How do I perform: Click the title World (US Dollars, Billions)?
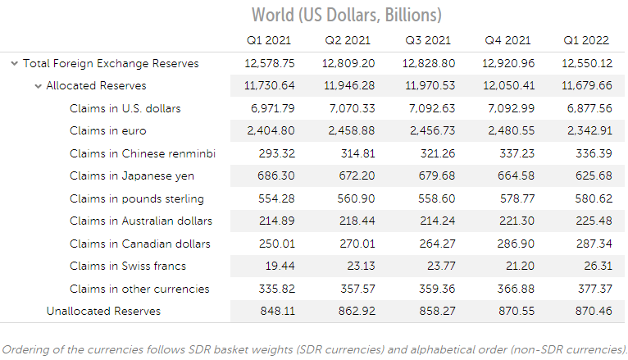[347, 15]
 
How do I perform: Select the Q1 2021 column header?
[268, 40]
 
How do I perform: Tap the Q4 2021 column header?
[507, 40]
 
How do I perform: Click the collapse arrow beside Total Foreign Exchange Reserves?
[14, 63]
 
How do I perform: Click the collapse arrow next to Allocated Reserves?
[38, 86]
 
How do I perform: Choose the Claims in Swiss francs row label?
[127, 266]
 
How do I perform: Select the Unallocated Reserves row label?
[103, 311]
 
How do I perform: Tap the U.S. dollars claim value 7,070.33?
[348, 108]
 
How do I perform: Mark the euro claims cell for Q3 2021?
[429, 130]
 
